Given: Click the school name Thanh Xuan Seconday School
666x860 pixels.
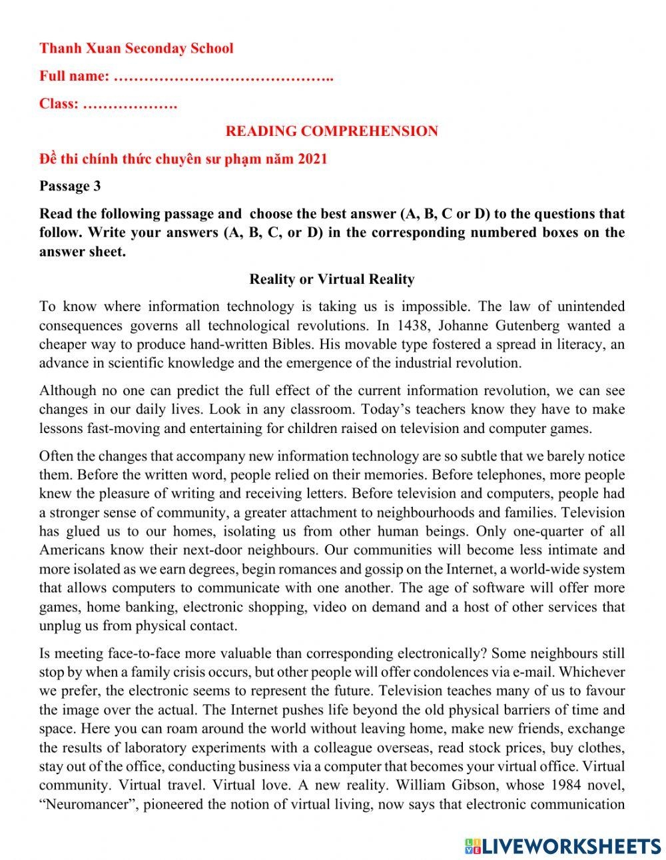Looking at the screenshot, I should tap(136, 48).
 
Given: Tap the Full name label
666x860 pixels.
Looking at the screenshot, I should tap(74, 76).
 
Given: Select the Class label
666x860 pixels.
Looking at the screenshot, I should tap(59, 104).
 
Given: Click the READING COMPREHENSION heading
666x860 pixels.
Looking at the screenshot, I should tap(332, 131).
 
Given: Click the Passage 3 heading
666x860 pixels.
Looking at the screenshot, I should tap(70, 186).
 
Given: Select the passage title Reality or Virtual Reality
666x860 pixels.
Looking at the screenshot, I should tap(332, 279).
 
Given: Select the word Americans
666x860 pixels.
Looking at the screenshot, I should tap(72, 550).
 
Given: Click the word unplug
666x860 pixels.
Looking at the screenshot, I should tap(61, 626).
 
